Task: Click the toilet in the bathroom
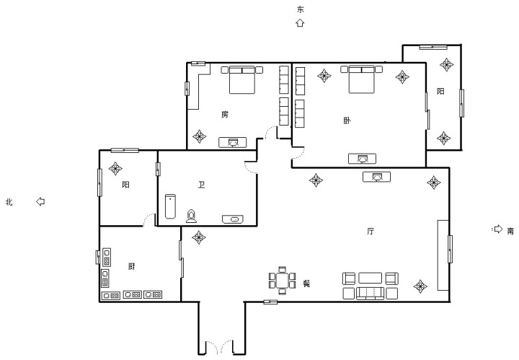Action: [191, 216]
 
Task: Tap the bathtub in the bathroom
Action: [170, 206]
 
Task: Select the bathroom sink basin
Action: [232, 219]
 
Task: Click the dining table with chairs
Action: [282, 281]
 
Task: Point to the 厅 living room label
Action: [371, 231]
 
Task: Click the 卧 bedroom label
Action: [347, 120]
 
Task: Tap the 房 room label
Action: [225, 115]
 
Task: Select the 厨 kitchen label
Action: [131, 266]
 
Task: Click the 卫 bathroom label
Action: [202, 185]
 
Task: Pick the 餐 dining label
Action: [306, 284]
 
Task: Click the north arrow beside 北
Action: [40, 201]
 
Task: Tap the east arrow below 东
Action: [300, 22]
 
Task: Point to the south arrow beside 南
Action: [498, 229]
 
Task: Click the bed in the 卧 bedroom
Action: [361, 79]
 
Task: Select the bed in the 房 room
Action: [242, 79]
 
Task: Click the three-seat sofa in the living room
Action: [370, 294]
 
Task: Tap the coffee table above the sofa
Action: [370, 278]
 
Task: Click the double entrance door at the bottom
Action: [219, 347]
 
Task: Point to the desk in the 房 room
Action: [233, 142]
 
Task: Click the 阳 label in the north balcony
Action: [125, 185]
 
